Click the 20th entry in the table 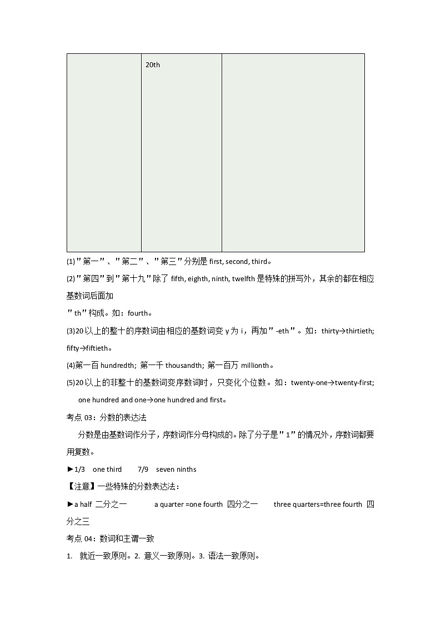pos(153,65)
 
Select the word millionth pos(255,366)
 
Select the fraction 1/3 pos(80,470)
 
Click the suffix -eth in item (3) pos(283,331)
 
